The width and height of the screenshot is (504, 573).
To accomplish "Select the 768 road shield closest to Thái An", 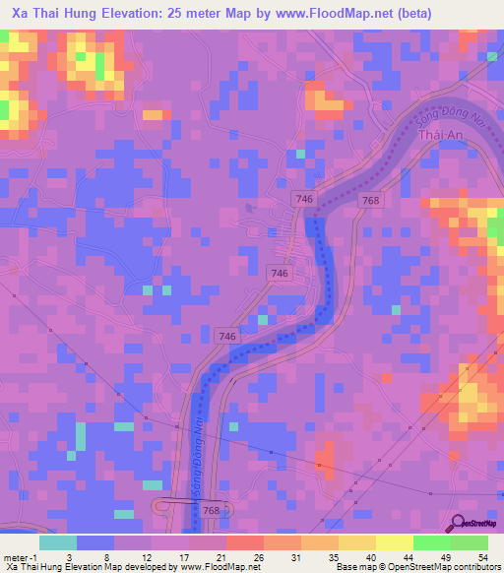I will point(370,201).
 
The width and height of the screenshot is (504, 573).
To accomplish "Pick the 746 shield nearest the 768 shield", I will point(304,200).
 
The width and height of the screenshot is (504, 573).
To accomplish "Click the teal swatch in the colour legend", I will point(58,542).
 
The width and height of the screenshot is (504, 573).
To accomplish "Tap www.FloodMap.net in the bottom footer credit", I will point(216,568).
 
